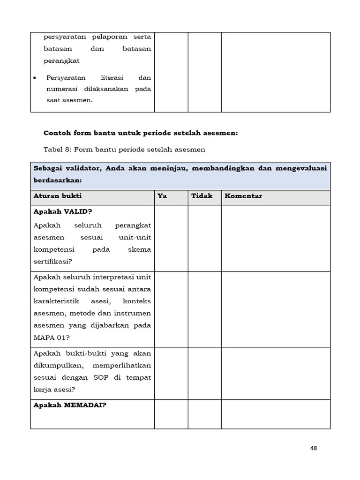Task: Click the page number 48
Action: [x=314, y=448]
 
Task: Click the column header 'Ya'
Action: [x=162, y=196]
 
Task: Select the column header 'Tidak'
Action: [x=202, y=196]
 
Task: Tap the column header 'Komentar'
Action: [x=243, y=196]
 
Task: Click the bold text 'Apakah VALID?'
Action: [x=63, y=211]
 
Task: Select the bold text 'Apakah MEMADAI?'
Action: [x=70, y=405]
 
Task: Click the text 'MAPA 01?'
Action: [x=50, y=337]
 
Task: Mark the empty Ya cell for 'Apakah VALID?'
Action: [x=171, y=239]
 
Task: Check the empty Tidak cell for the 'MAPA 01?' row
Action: [x=204, y=309]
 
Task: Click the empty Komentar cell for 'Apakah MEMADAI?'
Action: [x=276, y=414]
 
